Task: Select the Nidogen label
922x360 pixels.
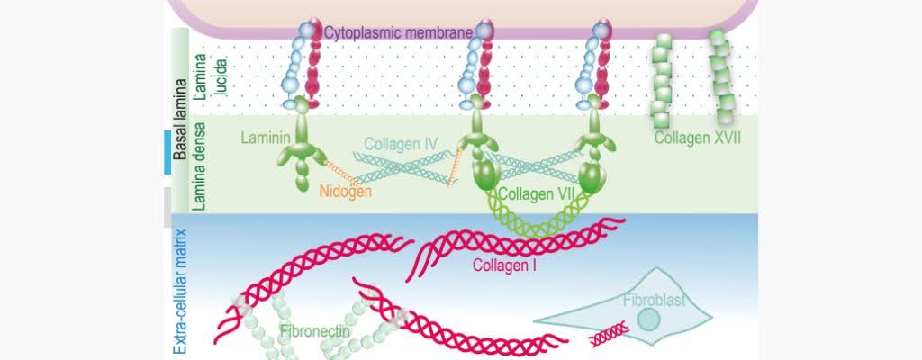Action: pos(346,190)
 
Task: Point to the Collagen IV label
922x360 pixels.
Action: pos(401,143)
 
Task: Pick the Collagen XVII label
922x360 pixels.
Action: pos(698,139)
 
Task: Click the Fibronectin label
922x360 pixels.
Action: pos(312,331)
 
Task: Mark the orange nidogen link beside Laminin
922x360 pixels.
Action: pos(335,171)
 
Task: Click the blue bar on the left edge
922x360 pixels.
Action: pos(167,151)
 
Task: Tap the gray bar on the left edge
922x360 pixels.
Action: pos(167,206)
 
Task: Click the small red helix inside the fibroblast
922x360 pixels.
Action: pos(610,337)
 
